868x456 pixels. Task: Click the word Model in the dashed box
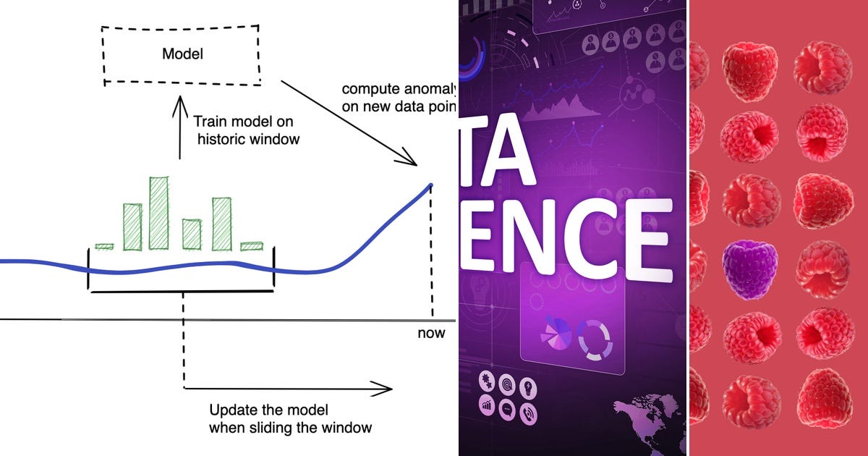182,54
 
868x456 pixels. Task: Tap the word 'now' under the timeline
431,334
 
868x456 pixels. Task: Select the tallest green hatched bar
158,213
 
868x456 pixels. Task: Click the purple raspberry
749,269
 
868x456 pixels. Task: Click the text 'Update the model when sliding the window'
290,418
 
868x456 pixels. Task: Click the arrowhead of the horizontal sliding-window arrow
386,389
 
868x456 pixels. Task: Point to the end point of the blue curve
431,185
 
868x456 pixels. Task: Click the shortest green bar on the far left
105,247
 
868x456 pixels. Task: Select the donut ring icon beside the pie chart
595,339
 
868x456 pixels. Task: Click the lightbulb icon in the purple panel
529,387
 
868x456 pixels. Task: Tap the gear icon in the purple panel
486,381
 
